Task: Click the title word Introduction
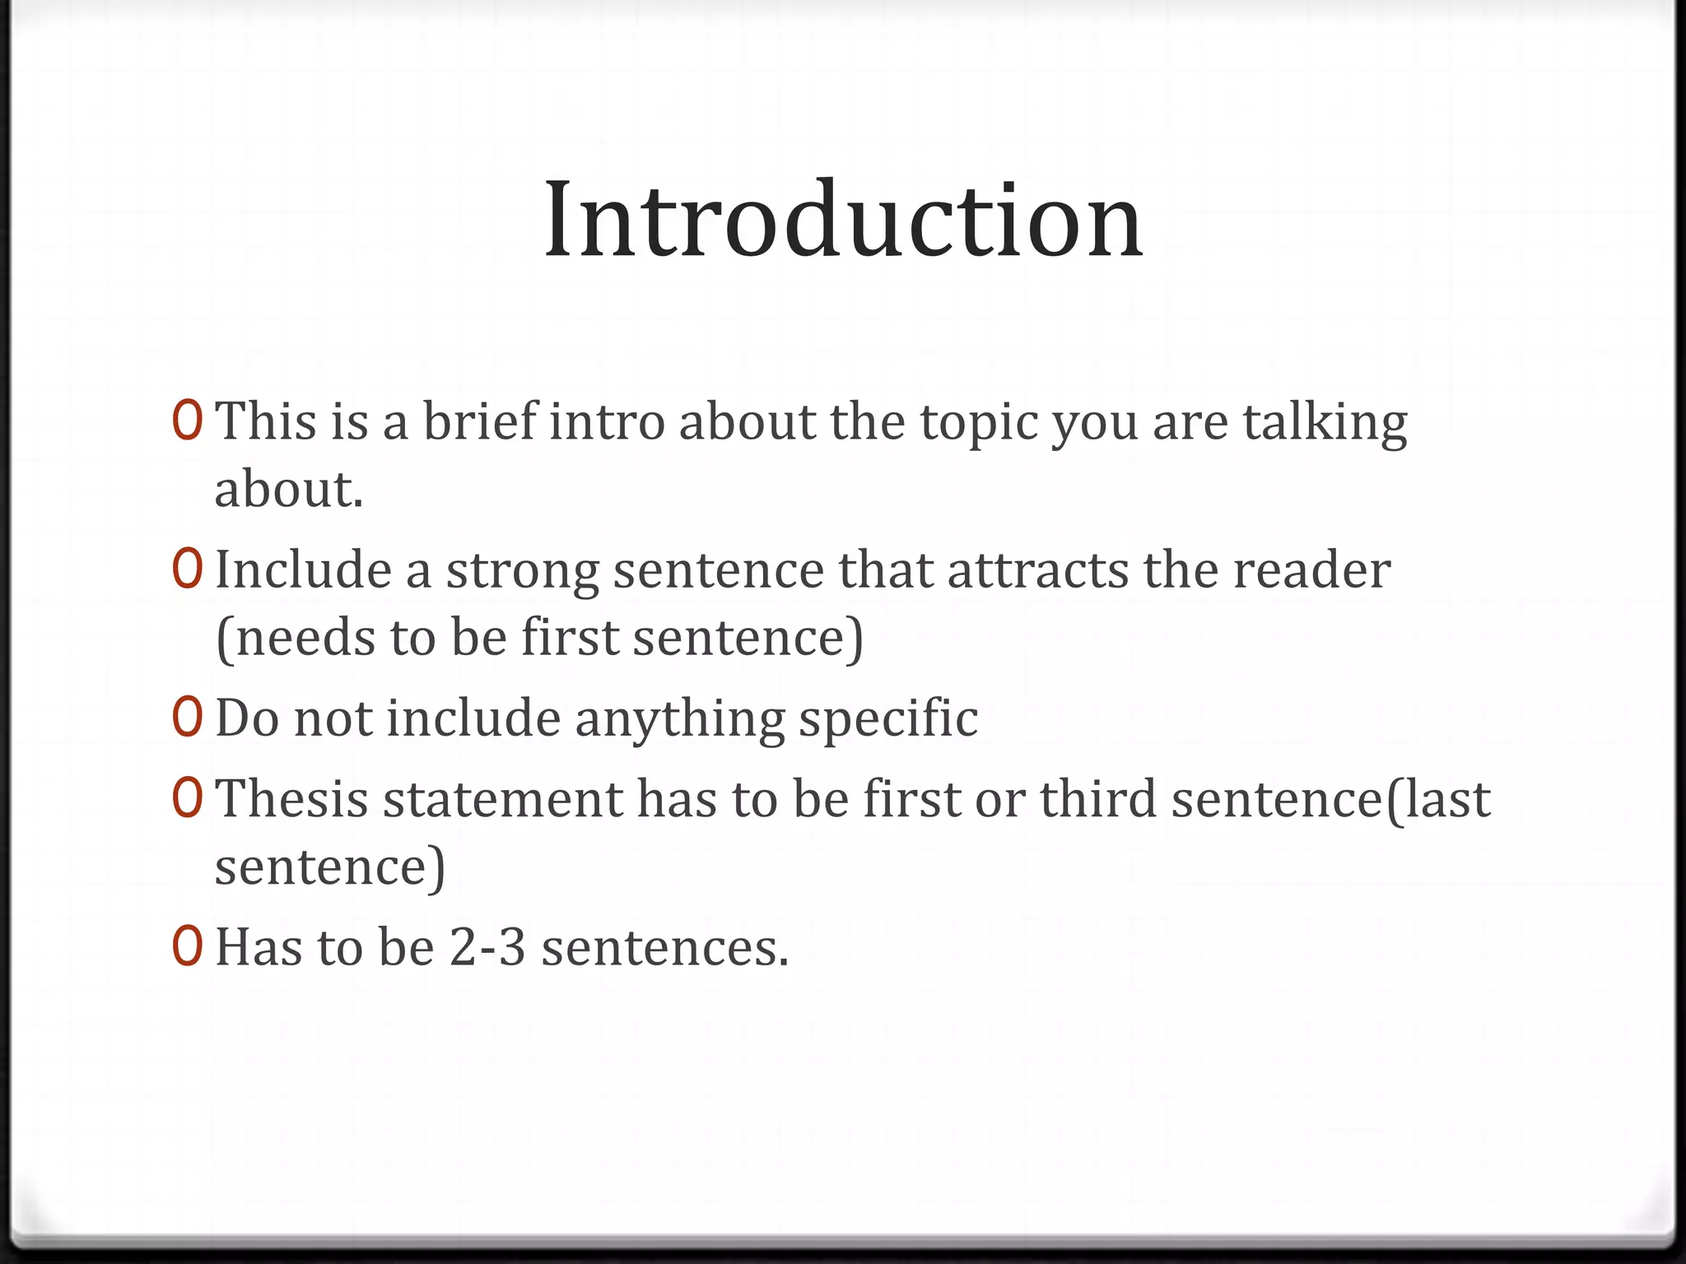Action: point(843,221)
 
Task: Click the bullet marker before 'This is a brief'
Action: point(187,421)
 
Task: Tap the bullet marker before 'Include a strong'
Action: point(187,569)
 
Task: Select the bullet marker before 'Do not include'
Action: point(187,717)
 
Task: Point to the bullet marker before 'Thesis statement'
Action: point(187,798)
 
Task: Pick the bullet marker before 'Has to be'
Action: point(187,946)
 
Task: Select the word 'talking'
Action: point(1325,423)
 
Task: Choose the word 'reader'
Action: point(1311,570)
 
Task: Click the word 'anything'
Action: point(680,720)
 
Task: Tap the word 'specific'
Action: point(888,720)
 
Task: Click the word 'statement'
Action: point(503,800)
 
